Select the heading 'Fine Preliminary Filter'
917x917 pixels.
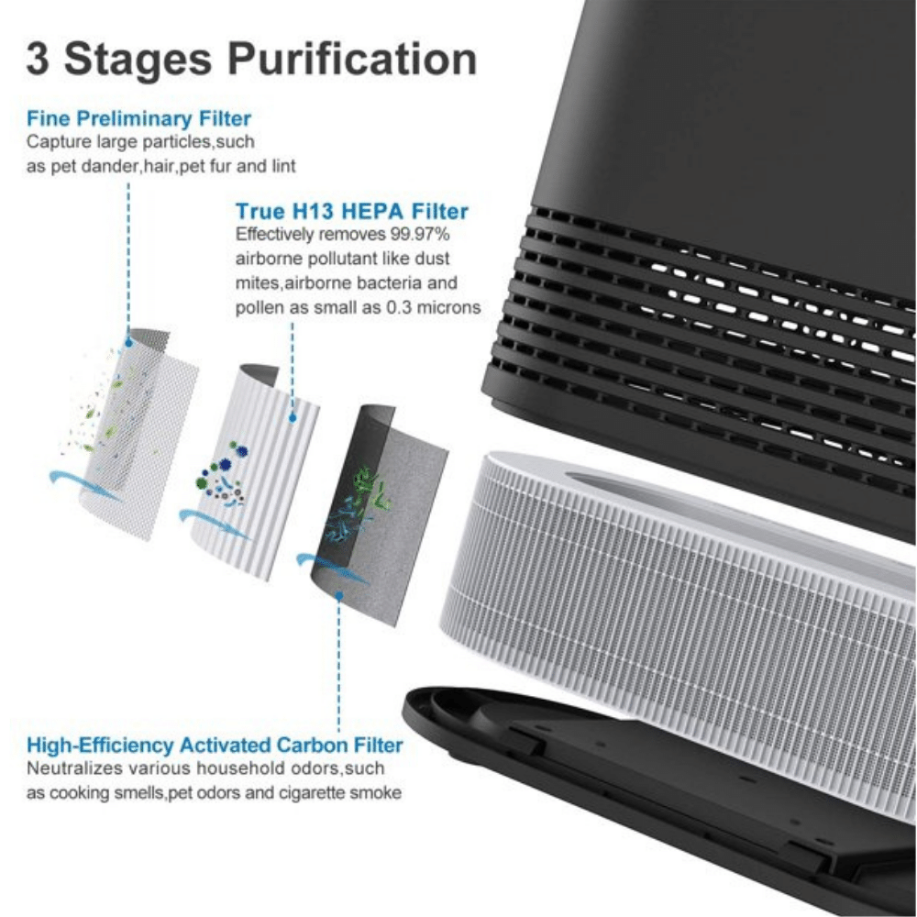(x=138, y=118)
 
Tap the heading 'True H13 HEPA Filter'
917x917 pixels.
(x=352, y=211)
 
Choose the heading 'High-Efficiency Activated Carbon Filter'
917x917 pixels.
(x=215, y=745)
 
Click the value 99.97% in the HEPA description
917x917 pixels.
(x=421, y=235)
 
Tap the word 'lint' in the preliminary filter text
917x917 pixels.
(x=283, y=166)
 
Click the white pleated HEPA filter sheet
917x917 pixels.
(x=255, y=470)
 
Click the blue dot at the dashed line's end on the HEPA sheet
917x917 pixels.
(x=293, y=417)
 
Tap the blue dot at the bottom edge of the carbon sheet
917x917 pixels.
(x=339, y=595)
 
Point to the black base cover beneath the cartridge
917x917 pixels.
(x=644, y=801)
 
